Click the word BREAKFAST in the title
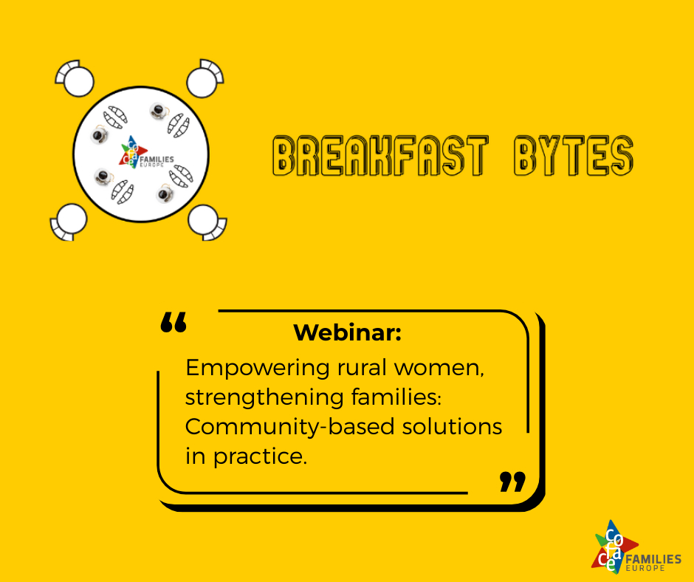381,155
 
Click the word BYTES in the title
574,155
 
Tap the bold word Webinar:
348,332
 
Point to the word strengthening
264,398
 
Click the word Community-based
290,427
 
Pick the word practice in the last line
260,456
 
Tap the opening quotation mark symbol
173,323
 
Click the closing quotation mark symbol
512,482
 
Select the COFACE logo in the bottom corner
636,547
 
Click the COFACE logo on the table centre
146,152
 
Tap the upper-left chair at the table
75,78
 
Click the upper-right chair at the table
205,78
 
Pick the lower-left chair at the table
68,222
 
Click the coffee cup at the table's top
159,112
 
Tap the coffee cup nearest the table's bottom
165,194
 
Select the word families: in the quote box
396,397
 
